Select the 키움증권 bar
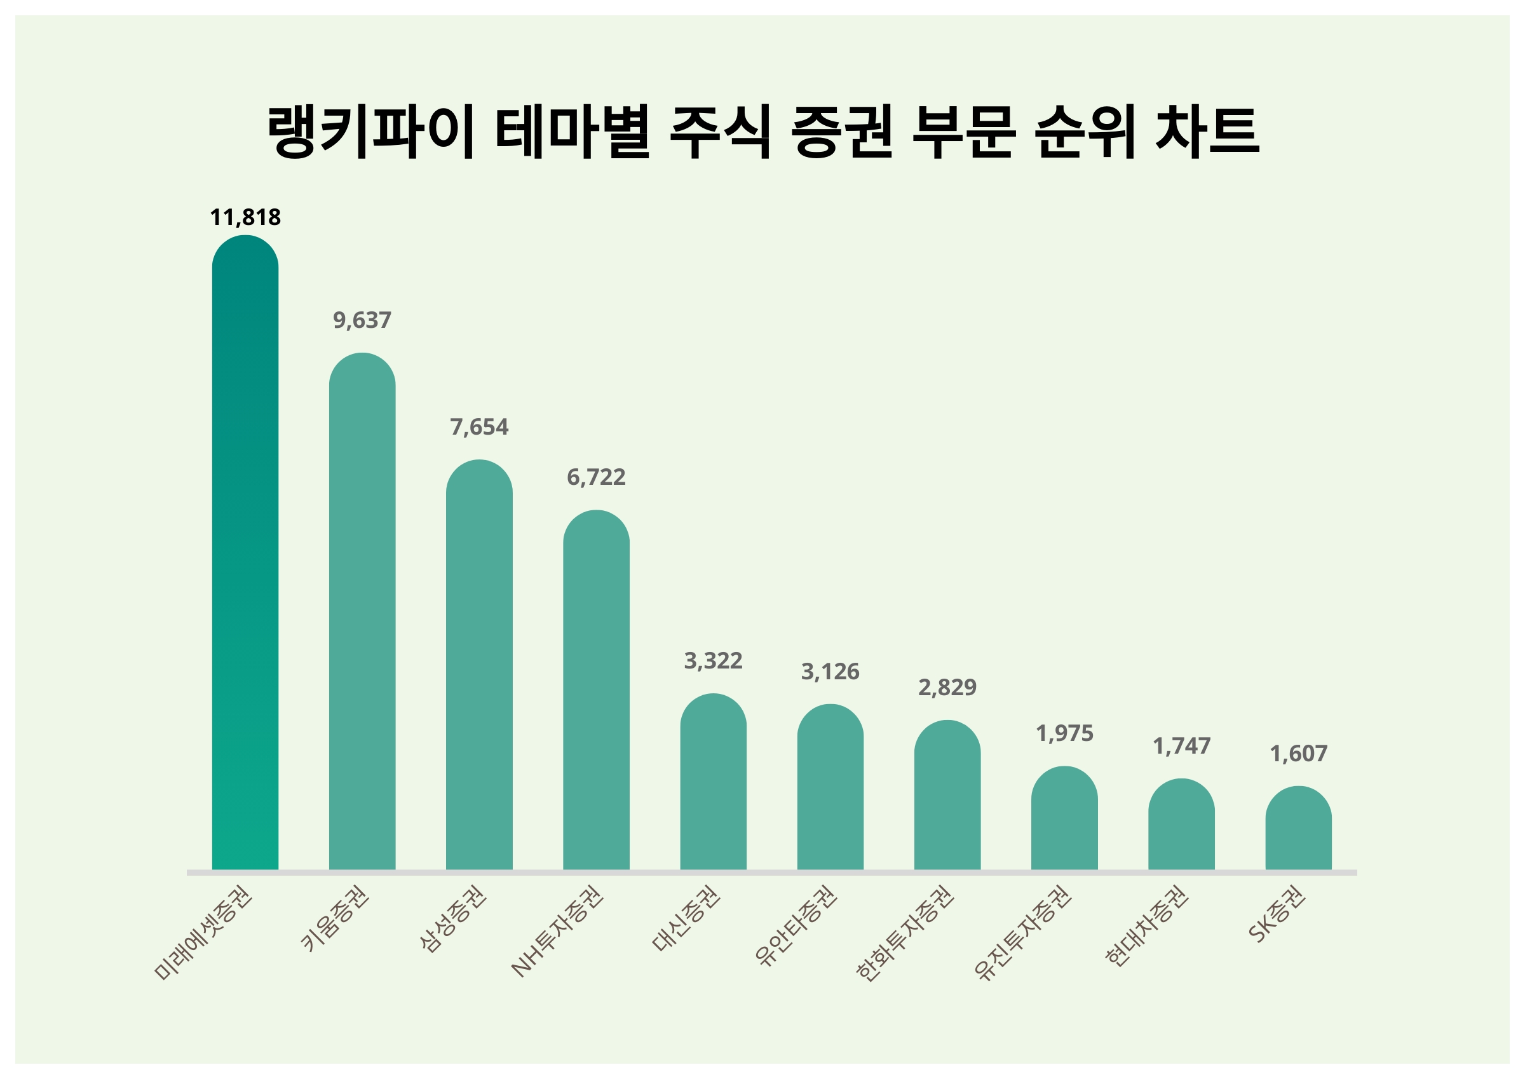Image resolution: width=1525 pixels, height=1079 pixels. click(362, 611)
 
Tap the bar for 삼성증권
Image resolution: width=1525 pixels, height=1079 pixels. click(479, 665)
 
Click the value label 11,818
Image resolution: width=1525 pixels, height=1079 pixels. click(245, 217)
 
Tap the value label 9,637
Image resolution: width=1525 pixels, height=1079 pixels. click(362, 320)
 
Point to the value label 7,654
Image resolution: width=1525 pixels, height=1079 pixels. click(479, 426)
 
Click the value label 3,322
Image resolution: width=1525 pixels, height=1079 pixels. click(713, 660)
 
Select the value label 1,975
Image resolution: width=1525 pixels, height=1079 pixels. click(1064, 733)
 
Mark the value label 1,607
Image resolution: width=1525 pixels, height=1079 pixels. click(1298, 754)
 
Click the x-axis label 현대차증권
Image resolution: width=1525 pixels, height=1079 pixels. click(1146, 927)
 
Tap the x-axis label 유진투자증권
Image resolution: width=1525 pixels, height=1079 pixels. click(1023, 933)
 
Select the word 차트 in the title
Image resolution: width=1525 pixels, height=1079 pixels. click(1207, 131)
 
